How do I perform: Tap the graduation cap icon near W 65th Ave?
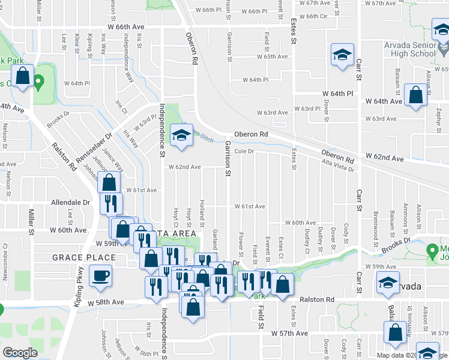tap(342, 55)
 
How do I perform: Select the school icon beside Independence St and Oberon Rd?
tap(180, 136)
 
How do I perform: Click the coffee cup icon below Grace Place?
tap(100, 276)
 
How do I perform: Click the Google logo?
tap(20, 353)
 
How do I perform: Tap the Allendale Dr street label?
tap(70, 203)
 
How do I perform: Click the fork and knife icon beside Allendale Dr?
tap(110, 203)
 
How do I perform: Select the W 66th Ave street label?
tap(127, 27)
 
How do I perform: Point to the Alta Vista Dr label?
tap(338, 166)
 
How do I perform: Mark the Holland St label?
tap(203, 209)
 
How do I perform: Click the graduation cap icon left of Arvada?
tap(388, 282)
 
